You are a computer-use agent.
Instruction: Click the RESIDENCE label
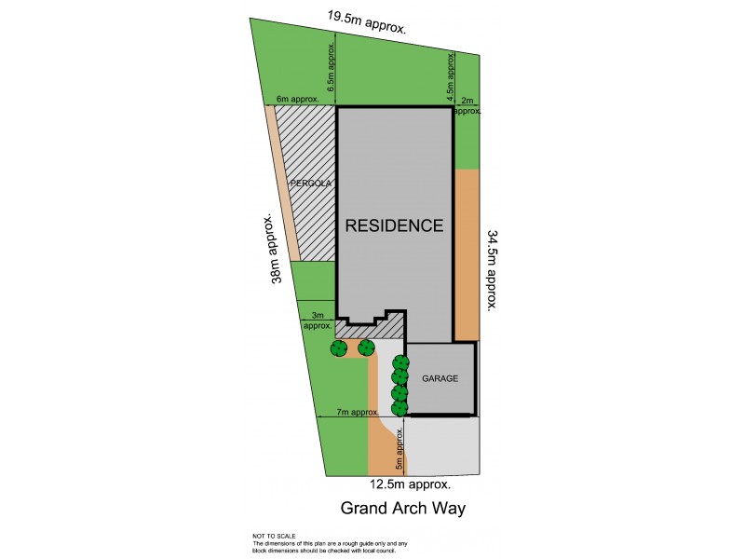point(394,225)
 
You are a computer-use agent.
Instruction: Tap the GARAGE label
point(440,379)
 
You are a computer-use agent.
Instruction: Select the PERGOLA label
point(311,183)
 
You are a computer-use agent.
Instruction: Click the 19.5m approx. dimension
point(367,21)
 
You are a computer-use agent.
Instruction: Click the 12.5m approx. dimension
point(411,484)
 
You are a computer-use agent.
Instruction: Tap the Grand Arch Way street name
point(402,509)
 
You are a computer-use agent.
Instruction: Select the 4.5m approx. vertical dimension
point(450,78)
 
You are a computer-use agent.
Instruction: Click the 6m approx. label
point(298,99)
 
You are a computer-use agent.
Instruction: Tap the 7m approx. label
point(358,412)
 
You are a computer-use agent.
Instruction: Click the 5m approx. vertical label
point(398,452)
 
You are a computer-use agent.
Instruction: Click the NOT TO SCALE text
point(274,536)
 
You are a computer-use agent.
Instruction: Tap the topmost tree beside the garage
point(400,362)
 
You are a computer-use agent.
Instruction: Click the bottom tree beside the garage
point(400,408)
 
